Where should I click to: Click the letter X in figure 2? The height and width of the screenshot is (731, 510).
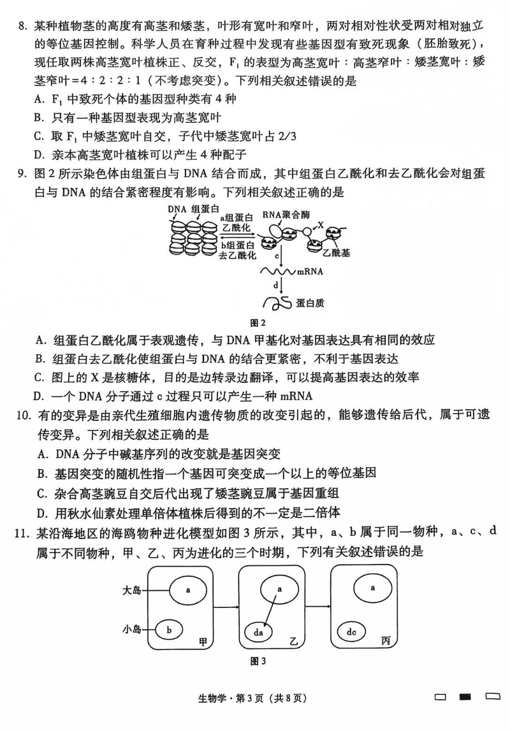coord(321,225)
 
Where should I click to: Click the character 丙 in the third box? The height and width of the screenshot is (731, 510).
coord(385,641)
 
